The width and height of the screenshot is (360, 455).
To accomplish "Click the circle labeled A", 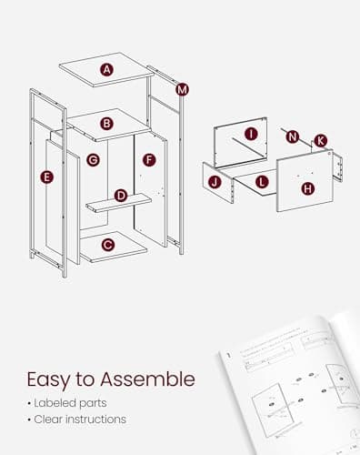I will tap(107, 70).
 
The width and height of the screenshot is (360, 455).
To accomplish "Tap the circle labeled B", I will tap(106, 123).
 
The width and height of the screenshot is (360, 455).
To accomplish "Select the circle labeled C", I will tap(107, 244).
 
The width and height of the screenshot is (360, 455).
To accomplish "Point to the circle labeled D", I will tap(120, 196).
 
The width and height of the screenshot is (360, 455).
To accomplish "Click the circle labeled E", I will tap(47, 177).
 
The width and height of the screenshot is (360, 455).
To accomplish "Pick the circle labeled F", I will tap(149, 160).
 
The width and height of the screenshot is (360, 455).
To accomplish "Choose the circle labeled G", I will tap(92, 160).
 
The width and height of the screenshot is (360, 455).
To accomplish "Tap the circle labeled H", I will tap(307, 188).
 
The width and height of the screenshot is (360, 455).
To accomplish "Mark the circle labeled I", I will tap(251, 134).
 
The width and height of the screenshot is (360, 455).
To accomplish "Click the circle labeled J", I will tap(215, 182).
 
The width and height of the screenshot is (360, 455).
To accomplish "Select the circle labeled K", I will tap(320, 140).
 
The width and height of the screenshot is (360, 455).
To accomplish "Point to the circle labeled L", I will tap(262, 182).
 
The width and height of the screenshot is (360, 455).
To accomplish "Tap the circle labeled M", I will tap(183, 89).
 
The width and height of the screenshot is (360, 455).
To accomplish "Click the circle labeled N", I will tap(293, 136).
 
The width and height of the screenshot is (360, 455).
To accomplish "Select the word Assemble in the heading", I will tap(153, 379).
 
